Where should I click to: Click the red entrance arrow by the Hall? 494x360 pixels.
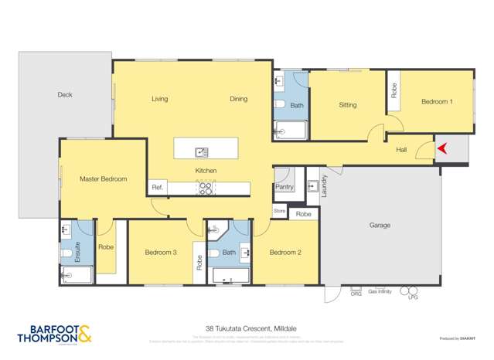click(442, 148)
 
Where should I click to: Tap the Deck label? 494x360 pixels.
click(65, 95)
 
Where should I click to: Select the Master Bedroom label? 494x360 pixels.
click(103, 178)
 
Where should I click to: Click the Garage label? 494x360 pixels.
click(379, 226)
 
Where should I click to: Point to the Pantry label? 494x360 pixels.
click(284, 187)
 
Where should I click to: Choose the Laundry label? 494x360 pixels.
click(325, 186)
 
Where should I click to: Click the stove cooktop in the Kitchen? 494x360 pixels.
click(206, 186)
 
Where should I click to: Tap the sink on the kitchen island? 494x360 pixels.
click(201, 151)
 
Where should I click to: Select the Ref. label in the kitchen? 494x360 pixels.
click(156, 187)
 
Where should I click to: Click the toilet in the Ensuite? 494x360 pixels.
click(68, 252)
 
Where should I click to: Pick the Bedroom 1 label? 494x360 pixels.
click(437, 101)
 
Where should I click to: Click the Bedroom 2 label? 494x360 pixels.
click(284, 252)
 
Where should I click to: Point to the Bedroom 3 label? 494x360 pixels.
click(161, 252)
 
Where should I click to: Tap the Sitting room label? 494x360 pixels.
click(347, 105)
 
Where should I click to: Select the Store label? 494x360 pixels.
click(279, 210)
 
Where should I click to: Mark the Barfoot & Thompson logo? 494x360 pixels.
click(53, 335)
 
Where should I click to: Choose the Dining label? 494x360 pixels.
click(238, 99)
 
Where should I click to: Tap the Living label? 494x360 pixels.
click(159, 99)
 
